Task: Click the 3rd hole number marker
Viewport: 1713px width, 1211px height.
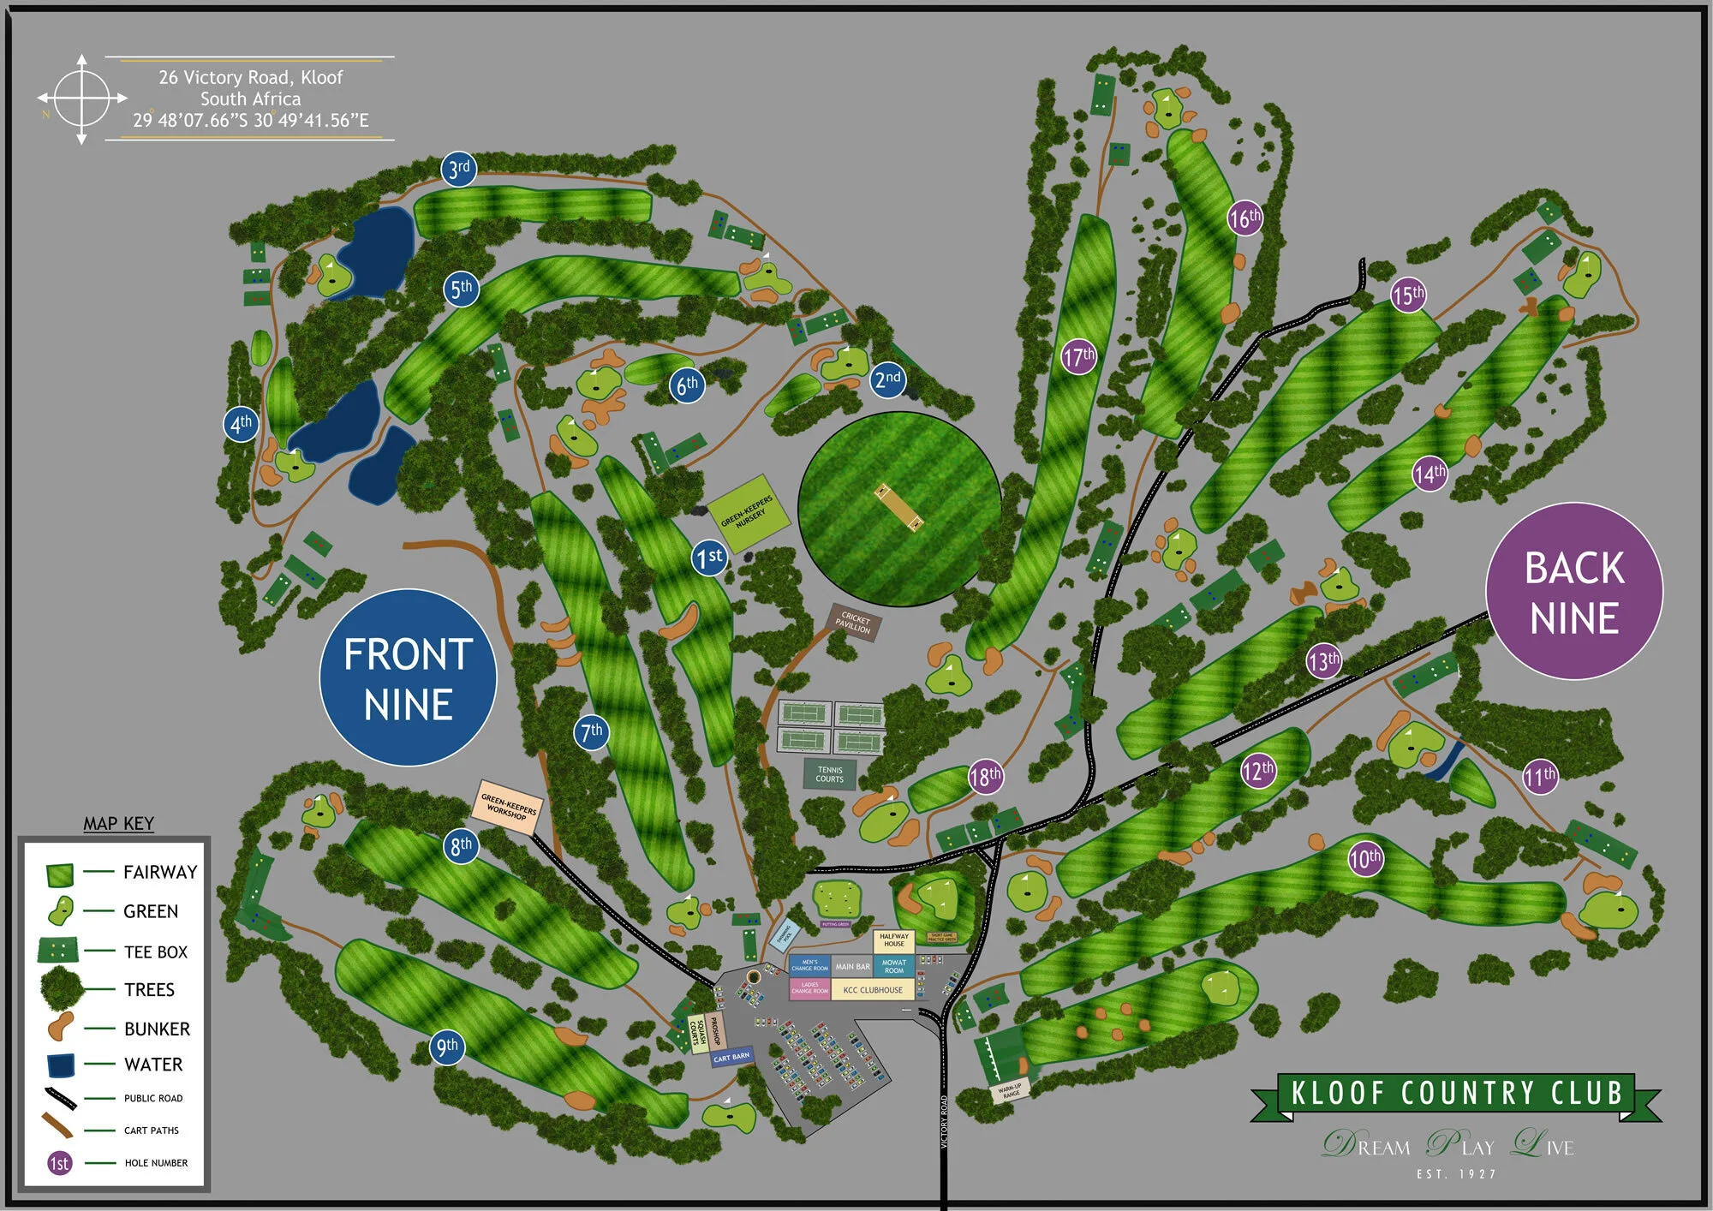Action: (459, 169)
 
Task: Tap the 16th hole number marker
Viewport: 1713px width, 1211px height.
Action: (1244, 218)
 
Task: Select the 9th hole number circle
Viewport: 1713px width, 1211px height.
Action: (447, 1047)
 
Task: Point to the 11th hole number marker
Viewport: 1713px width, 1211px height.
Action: (1540, 777)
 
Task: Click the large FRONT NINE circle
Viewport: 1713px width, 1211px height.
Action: (409, 677)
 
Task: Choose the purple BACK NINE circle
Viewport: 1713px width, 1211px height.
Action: (1574, 592)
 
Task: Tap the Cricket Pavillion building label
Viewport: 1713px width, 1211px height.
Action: (854, 622)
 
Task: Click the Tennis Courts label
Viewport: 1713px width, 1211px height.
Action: (829, 774)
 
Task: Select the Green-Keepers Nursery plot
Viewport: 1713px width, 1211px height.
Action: (749, 514)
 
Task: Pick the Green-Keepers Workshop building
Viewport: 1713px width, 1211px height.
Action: (508, 807)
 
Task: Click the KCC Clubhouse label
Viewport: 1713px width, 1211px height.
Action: (872, 990)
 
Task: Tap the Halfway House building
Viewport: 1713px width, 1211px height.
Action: (893, 940)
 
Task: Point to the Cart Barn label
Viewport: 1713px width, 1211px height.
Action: (731, 1058)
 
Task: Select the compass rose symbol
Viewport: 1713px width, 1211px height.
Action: (81, 99)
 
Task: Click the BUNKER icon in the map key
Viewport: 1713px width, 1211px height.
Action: (60, 1026)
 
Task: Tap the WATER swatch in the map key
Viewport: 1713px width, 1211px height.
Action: (61, 1065)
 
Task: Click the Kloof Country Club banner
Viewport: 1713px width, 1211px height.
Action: (1455, 1095)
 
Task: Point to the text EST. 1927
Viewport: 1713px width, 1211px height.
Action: (1456, 1174)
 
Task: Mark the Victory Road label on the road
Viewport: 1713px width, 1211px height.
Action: (945, 1122)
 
